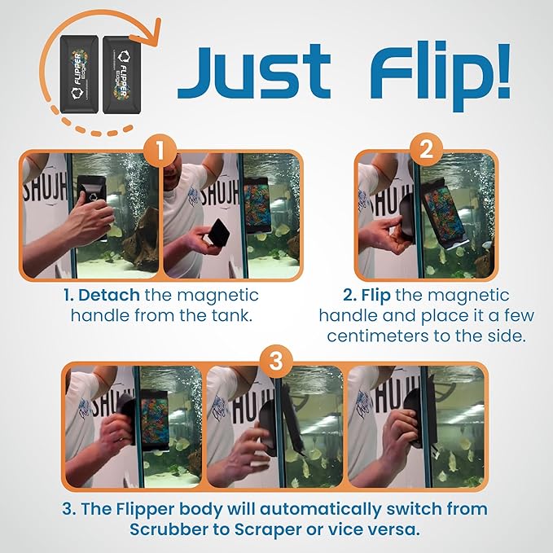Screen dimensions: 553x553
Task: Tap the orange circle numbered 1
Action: [x=160, y=151]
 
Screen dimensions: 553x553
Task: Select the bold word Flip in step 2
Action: [x=366, y=295]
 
